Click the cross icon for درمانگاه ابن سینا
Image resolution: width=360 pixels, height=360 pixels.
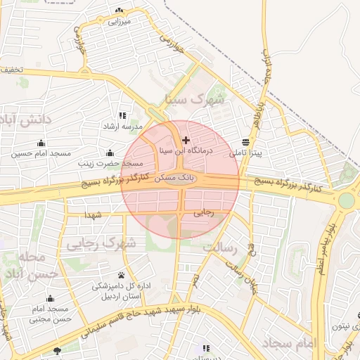186,140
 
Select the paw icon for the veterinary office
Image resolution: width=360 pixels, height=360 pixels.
122,275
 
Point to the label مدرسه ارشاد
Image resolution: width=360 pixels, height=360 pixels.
123,127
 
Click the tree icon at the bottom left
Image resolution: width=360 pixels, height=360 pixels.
57,350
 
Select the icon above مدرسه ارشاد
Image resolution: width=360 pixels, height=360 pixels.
123,115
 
